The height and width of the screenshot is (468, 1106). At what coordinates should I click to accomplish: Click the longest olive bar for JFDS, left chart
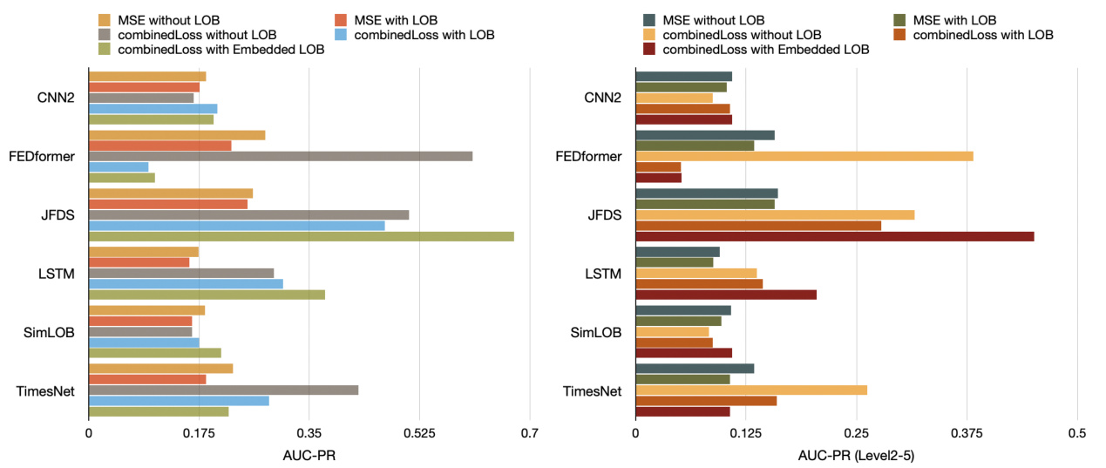pos(301,236)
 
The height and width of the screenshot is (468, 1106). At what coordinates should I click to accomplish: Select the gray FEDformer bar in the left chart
pos(280,156)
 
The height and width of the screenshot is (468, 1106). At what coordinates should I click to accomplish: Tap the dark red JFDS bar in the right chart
pos(834,236)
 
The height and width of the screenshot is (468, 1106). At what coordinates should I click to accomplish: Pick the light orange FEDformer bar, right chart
pos(804,156)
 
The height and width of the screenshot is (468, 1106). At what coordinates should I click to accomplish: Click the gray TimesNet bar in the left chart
pos(223,390)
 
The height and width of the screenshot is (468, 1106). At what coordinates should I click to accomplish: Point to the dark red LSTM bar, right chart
pos(726,295)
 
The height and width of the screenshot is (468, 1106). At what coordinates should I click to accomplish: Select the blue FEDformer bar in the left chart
pos(119,166)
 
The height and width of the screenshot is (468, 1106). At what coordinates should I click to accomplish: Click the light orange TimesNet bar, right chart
pos(751,390)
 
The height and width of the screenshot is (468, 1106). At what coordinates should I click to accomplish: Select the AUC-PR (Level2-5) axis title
pos(856,455)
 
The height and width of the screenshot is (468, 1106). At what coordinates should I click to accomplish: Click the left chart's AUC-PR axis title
pos(309,455)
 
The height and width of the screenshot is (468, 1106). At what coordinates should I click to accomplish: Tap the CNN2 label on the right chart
pos(602,97)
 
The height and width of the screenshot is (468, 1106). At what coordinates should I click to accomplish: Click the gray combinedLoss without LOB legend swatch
pos(105,35)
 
